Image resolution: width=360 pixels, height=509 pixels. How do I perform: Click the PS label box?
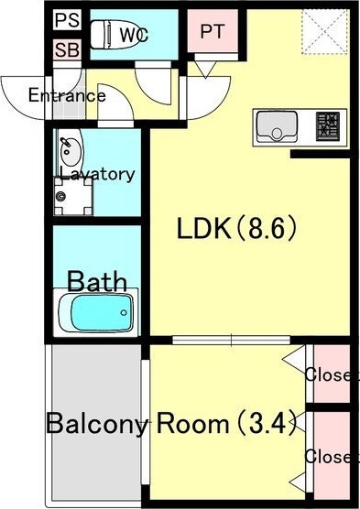(x=67, y=20)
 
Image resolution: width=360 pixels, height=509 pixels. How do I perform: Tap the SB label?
(x=67, y=50)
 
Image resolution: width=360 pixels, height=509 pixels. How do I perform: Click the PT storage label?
(x=213, y=31)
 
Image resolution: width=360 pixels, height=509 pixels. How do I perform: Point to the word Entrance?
(x=67, y=95)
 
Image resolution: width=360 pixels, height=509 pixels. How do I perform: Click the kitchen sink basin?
(x=277, y=126)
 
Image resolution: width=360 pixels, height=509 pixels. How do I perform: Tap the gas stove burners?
(x=328, y=126)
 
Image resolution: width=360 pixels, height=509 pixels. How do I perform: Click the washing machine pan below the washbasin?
(x=73, y=196)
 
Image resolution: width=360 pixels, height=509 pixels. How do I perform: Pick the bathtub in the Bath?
(x=96, y=312)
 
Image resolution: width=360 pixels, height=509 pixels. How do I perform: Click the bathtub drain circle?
(x=124, y=312)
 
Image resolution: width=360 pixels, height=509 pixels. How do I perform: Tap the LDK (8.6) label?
(x=237, y=228)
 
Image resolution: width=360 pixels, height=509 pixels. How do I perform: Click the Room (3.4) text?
(x=226, y=423)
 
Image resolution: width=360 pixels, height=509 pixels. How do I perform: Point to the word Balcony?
(x=97, y=424)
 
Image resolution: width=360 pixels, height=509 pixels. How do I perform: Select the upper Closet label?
(x=332, y=374)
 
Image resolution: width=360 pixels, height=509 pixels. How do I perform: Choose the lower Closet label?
(x=332, y=457)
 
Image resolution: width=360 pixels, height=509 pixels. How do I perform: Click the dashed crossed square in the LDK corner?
(x=325, y=31)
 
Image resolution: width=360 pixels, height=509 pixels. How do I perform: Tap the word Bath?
(x=97, y=281)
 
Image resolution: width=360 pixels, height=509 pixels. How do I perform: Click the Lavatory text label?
(x=97, y=174)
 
